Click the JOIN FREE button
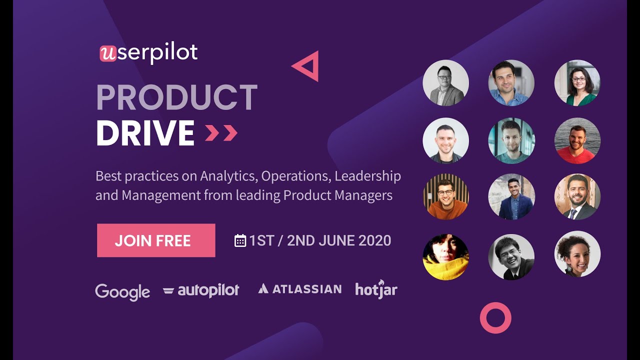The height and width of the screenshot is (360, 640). (156, 240)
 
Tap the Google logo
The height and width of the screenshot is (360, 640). (122, 291)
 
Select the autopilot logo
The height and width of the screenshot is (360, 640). (201, 290)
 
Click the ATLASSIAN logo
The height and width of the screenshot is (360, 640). (300, 289)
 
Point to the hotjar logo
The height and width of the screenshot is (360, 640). (376, 289)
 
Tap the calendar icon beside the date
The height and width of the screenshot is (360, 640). (240, 240)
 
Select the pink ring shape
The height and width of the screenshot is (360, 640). (495, 317)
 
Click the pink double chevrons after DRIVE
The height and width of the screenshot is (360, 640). (221, 133)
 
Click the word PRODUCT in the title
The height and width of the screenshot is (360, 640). (176, 98)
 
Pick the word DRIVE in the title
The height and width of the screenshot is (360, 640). (145, 133)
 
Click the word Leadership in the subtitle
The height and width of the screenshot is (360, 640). (367, 176)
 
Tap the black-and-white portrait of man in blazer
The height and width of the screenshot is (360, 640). (445, 83)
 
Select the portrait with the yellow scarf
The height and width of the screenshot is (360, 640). (445, 257)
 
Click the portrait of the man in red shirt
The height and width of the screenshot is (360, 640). (577, 141)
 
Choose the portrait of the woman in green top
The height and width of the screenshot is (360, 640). (577, 83)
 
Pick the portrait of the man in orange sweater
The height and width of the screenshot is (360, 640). (445, 197)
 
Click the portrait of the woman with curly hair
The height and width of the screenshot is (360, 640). (577, 254)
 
